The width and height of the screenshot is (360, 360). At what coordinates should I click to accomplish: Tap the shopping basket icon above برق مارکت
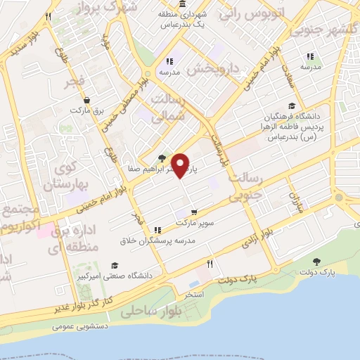86,100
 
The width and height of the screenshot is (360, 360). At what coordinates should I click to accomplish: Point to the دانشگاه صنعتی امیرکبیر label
111,276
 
